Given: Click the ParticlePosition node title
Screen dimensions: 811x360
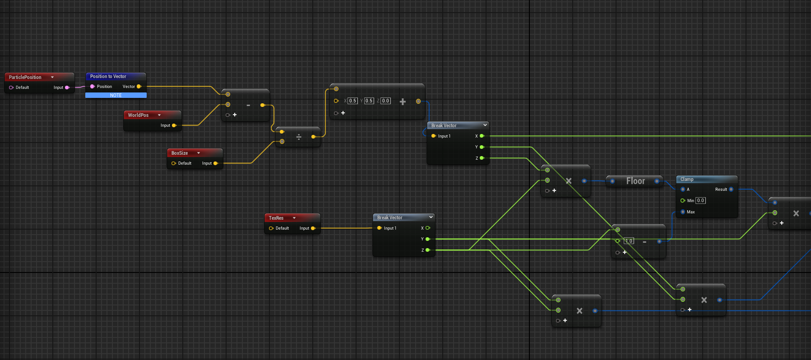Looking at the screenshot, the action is [x=25, y=77].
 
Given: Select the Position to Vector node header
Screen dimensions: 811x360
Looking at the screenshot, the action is [x=116, y=76].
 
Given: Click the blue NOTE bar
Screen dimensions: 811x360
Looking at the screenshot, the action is [x=116, y=95].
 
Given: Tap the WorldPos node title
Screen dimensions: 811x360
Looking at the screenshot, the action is [x=138, y=115].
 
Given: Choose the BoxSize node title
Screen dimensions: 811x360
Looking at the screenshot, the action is [x=180, y=153].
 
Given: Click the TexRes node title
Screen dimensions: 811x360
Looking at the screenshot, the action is [x=276, y=218].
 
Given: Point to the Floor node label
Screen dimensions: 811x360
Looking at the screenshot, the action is [x=635, y=181].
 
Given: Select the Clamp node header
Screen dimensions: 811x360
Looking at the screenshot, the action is [x=707, y=179].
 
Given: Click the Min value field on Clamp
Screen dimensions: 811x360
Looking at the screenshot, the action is [x=700, y=200].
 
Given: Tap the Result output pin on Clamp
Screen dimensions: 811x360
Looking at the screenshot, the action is [x=731, y=189].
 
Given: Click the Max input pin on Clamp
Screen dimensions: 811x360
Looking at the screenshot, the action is [x=683, y=212].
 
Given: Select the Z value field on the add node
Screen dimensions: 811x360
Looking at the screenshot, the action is [x=385, y=101].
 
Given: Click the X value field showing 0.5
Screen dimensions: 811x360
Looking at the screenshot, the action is [x=352, y=101].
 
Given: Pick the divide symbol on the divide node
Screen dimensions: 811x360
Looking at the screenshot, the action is [x=299, y=137].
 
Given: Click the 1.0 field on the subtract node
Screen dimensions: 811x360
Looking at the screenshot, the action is [x=629, y=241].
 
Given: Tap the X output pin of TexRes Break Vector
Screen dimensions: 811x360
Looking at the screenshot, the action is [x=427, y=228].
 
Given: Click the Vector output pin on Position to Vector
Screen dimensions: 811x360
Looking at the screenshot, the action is [x=139, y=86].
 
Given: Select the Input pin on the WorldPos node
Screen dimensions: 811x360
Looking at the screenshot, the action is [x=174, y=125].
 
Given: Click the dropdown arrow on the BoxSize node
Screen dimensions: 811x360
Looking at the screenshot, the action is [x=198, y=153].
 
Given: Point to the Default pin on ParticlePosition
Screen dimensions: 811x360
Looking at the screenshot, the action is [x=11, y=88].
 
